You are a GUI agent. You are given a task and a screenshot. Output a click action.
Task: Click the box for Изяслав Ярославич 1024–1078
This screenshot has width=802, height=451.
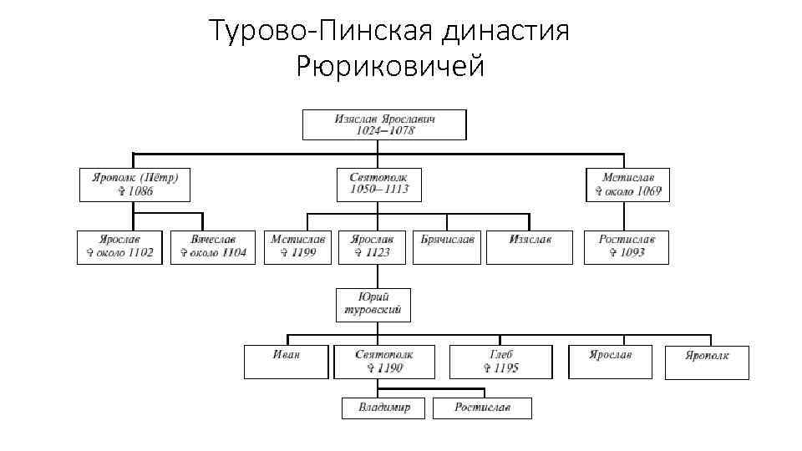tap(384, 124)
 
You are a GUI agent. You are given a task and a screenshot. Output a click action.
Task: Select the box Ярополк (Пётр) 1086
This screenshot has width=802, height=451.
tap(135, 185)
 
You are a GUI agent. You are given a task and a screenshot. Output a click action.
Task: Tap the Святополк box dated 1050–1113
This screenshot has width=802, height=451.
tap(378, 185)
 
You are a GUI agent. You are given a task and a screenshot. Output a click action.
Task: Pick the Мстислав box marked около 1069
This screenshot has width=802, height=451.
tap(627, 185)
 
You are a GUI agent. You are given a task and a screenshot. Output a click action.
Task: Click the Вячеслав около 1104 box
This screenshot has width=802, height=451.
tap(212, 246)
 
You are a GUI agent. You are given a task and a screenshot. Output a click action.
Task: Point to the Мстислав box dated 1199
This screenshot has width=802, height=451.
tap(298, 246)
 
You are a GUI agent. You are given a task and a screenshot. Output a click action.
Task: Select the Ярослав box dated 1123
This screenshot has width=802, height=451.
tap(372, 246)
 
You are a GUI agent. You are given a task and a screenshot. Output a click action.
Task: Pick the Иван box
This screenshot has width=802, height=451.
tap(286, 362)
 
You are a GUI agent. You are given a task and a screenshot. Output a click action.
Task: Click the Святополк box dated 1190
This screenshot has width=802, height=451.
tap(383, 362)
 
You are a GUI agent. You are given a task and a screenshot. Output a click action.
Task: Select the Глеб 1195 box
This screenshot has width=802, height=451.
tap(500, 362)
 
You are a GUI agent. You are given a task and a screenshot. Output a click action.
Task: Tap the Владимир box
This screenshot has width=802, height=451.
tap(383, 408)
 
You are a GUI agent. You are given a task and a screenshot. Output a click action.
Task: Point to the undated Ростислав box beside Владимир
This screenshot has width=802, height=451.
tap(482, 408)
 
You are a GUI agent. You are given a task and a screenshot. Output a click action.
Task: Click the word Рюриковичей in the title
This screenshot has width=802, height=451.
tap(390, 66)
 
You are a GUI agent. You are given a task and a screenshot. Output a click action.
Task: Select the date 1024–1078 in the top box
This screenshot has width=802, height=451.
tap(384, 131)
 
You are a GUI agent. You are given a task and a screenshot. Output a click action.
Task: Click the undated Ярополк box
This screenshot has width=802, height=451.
tap(707, 362)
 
